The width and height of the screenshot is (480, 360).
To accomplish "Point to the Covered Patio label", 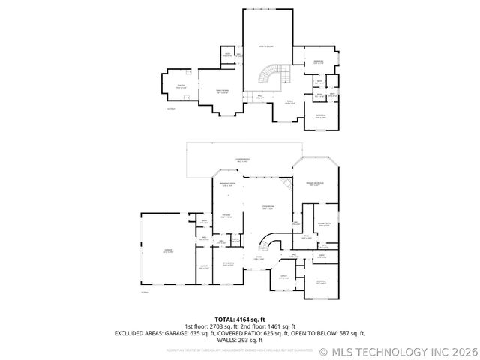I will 242,160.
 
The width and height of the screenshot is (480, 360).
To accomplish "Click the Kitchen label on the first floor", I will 225,216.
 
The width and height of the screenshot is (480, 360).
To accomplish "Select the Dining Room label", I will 228,264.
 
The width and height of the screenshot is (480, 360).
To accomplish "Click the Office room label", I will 284,277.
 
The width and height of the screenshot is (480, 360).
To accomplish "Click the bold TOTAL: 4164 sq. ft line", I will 240,319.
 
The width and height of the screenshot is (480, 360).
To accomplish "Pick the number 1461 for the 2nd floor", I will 275,326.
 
